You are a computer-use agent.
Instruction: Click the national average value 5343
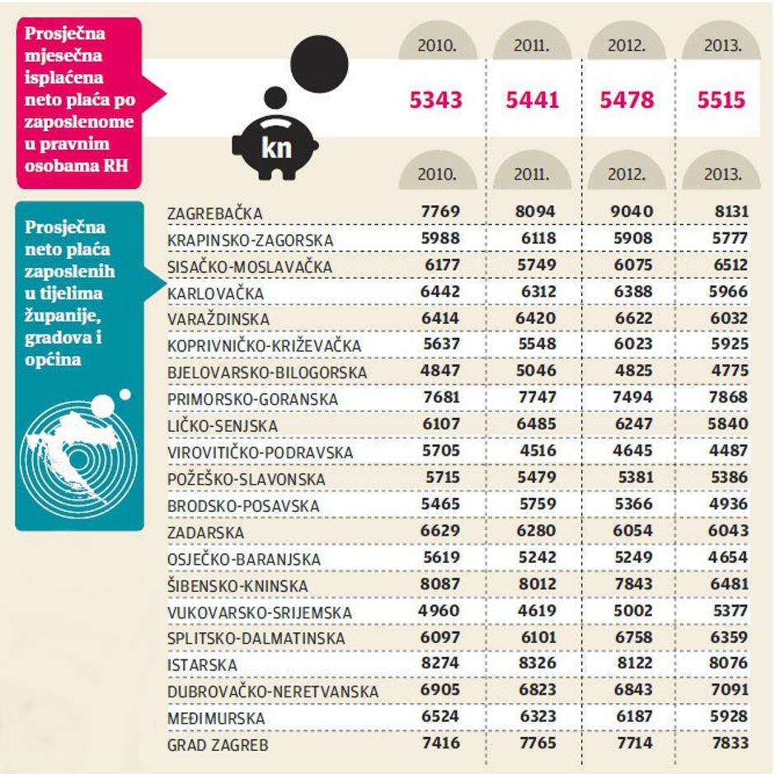[436, 101]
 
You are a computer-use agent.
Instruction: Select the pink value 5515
[721, 101]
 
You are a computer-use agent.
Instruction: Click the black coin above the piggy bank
[321, 61]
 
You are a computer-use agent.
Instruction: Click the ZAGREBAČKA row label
[214, 213]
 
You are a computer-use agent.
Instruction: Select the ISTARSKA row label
[202, 665]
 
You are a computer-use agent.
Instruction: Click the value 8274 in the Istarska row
[440, 664]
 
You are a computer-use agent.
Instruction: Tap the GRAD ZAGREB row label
[218, 745]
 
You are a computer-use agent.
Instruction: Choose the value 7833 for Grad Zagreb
[727, 744]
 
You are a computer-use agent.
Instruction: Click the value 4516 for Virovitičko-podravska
[536, 451]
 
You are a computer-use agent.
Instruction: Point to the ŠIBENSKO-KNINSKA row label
[237, 586]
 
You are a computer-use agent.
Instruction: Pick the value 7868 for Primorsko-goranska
[727, 398]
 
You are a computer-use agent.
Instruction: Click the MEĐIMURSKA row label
[216, 719]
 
